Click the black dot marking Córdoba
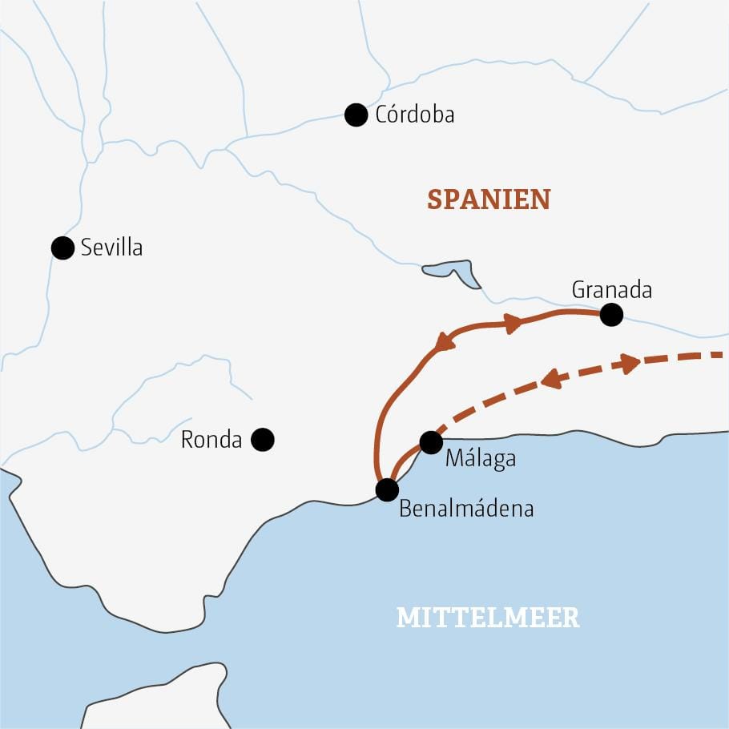point(356,115)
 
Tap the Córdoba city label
point(414,115)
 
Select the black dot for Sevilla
point(62,248)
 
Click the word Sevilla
point(111,248)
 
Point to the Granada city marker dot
point(611,315)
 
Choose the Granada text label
point(611,290)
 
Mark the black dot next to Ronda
point(263,439)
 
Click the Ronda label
point(211,440)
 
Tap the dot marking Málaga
point(431,442)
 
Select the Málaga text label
point(479,460)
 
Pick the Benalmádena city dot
point(387,489)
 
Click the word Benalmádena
point(465,509)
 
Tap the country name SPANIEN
point(489,199)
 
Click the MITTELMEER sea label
point(488,618)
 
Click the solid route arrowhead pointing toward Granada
point(512,323)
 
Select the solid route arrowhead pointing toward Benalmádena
point(444,341)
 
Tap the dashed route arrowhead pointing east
point(630,363)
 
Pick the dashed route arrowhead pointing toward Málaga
point(551,381)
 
